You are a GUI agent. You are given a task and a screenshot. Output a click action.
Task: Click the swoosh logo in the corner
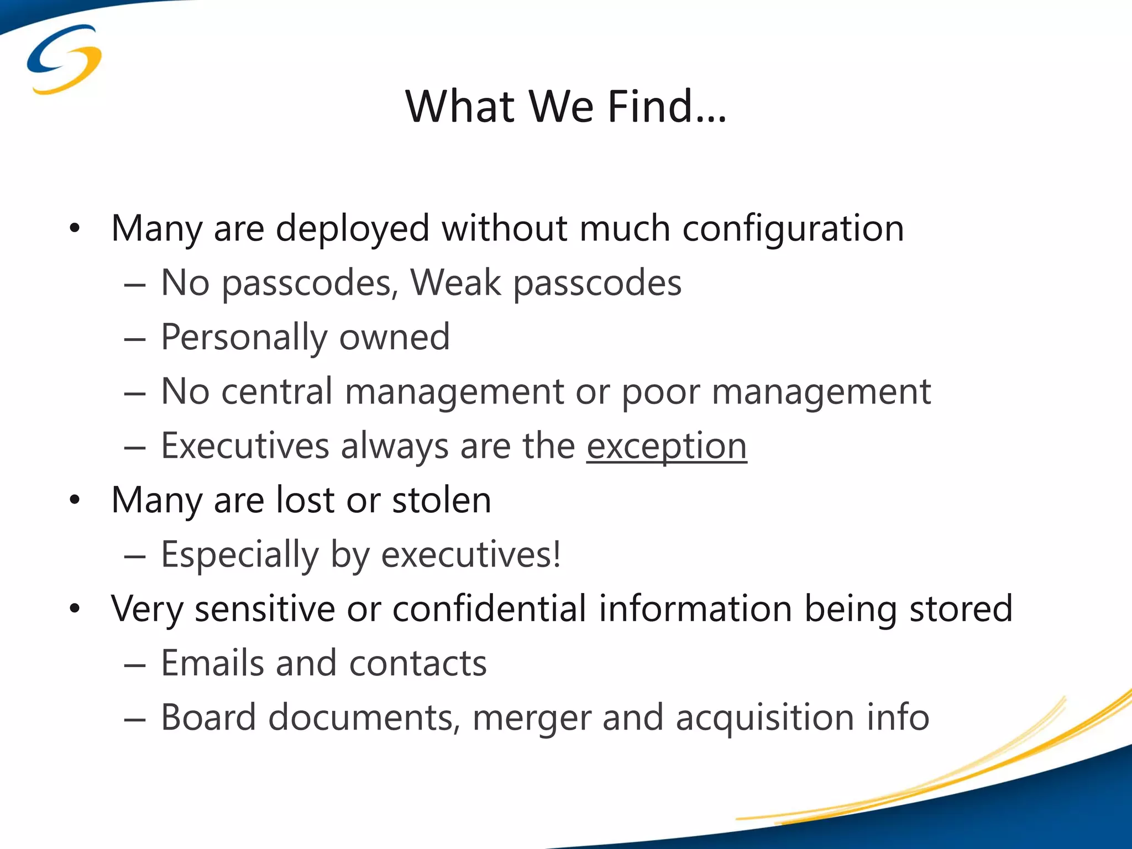point(64,59)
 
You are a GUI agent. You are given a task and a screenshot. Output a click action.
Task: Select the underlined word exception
point(667,446)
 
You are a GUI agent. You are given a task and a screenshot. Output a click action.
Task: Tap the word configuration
point(793,229)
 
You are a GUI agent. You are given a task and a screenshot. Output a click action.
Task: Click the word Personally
point(244,337)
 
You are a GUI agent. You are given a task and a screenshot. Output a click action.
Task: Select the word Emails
point(212,663)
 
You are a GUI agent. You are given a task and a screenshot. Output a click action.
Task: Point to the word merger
point(531,718)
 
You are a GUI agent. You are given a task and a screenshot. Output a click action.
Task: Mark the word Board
point(208,717)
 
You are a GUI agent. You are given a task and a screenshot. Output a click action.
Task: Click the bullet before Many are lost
point(75,501)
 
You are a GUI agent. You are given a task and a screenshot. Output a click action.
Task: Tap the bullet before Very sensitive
point(75,609)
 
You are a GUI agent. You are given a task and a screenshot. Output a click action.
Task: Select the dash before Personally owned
point(134,339)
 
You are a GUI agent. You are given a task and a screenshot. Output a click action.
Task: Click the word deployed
point(352,229)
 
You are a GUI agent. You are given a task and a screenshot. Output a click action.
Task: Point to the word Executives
point(245,446)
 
